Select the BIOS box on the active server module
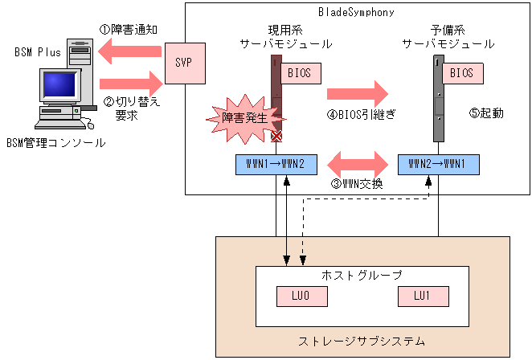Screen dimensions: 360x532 tap(301, 73)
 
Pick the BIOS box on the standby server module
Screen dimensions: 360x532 tap(461, 73)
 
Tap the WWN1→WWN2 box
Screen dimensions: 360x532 tap(276, 164)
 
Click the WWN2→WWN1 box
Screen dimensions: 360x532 tap(438, 164)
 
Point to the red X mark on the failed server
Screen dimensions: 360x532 tap(276, 137)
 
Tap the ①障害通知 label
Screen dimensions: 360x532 tap(129, 30)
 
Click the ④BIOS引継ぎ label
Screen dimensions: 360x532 tap(356, 113)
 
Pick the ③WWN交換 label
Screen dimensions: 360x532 tap(357, 183)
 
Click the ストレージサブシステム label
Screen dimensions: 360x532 tap(362, 342)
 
